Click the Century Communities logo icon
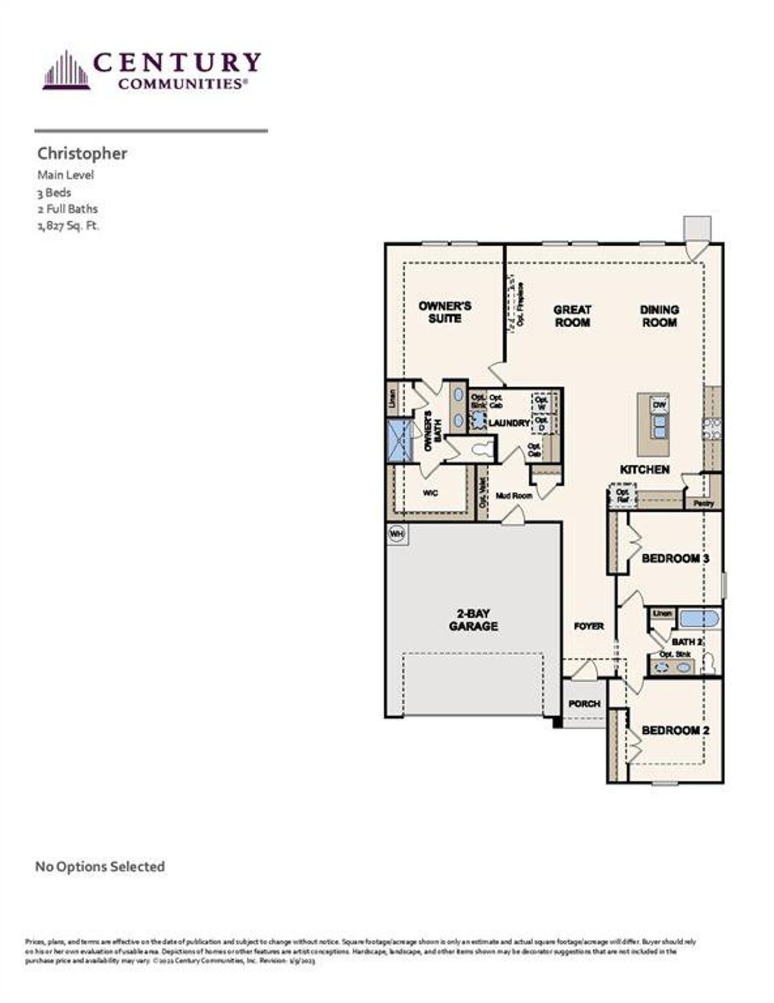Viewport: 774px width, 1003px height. pos(66,71)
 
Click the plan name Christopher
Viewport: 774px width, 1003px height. pos(82,154)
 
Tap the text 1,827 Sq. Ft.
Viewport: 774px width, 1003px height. pos(68,226)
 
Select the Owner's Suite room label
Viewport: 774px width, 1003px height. pos(444,312)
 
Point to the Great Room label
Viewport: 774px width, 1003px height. pos(572,316)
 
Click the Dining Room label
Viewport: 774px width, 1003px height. pos(659,316)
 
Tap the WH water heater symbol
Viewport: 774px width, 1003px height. pos(397,534)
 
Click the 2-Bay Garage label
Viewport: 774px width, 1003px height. pos(473,620)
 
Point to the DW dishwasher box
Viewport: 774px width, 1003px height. pos(659,405)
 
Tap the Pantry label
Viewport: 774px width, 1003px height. pos(704,503)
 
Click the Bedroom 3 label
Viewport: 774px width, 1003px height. pos(675,558)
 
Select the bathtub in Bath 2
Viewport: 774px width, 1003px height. pos(699,618)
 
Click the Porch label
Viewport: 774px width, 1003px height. pos(584,704)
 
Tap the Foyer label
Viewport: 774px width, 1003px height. pos(588,626)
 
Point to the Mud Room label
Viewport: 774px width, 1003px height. pos(514,495)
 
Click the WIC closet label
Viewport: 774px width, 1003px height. pos(430,493)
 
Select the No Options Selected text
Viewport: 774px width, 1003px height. pos(100,866)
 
